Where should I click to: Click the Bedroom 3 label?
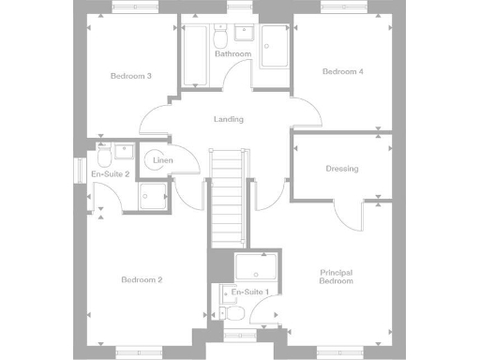(130, 75)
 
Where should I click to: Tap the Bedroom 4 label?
(342, 71)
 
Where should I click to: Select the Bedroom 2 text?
(142, 279)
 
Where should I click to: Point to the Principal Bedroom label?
(336, 277)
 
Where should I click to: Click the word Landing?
(229, 119)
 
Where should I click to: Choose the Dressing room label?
(342, 169)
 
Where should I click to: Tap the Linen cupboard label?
(163, 161)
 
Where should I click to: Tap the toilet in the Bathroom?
(221, 38)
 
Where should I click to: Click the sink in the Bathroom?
(247, 35)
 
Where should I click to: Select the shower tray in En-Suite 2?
(153, 195)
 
